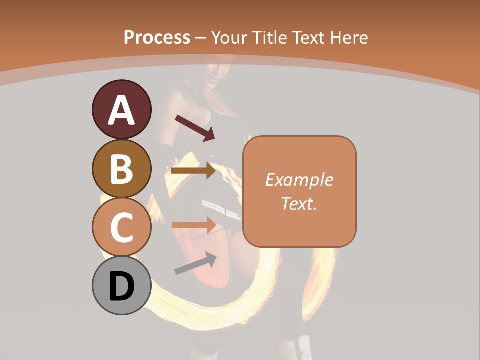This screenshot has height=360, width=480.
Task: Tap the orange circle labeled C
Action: (x=121, y=227)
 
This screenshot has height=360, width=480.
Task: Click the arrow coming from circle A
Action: (x=195, y=128)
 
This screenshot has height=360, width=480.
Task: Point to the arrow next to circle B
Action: (x=193, y=171)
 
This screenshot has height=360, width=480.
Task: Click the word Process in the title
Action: (x=157, y=37)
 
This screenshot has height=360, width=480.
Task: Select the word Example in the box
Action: (x=299, y=180)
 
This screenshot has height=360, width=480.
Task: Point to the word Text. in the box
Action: (x=299, y=203)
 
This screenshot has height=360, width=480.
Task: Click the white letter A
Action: (x=121, y=110)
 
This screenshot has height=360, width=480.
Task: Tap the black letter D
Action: (x=121, y=286)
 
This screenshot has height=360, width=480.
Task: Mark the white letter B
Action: (x=121, y=169)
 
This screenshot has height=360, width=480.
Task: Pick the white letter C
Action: (x=121, y=227)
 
